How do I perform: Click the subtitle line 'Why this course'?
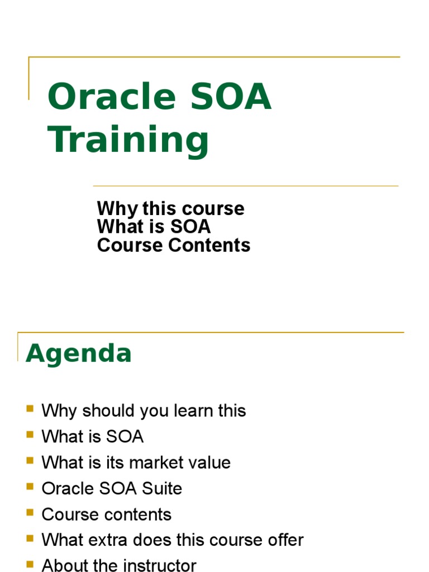coord(170,209)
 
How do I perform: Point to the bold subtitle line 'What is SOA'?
coord(154,227)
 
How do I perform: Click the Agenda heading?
coord(79,354)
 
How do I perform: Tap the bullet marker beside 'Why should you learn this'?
coord(30,409)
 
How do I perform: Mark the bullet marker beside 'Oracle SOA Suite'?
coord(30,487)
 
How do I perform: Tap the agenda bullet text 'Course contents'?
coord(106,514)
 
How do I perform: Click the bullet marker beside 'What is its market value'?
coord(30,461)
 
